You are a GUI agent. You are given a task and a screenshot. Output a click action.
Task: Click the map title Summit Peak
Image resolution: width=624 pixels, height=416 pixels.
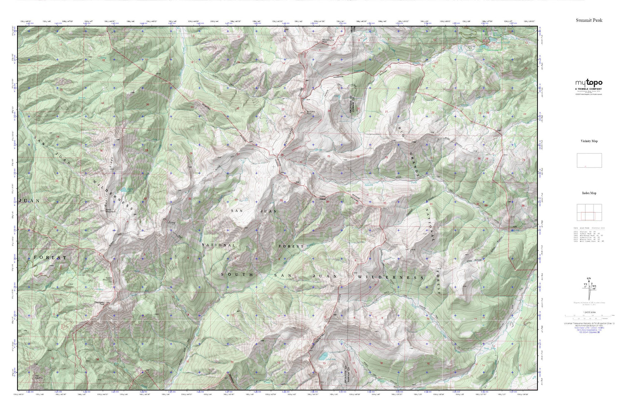[589, 20]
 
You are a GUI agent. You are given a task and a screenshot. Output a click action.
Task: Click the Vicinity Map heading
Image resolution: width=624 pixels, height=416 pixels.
[589, 141]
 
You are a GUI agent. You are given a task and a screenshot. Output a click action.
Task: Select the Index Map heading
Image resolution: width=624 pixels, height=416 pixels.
[589, 193]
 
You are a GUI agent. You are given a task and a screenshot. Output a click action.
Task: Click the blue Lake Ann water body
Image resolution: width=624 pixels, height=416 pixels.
[322, 357]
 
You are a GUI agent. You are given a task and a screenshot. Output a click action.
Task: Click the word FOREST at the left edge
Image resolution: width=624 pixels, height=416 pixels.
[50, 258]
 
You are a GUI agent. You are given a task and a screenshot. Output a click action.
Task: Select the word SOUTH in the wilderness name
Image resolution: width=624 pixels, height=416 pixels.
[237, 275]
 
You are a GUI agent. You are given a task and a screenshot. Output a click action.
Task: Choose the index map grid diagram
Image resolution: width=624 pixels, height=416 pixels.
[589, 213]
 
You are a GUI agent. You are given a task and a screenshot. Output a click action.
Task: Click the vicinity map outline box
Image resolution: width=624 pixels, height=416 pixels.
[589, 160]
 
